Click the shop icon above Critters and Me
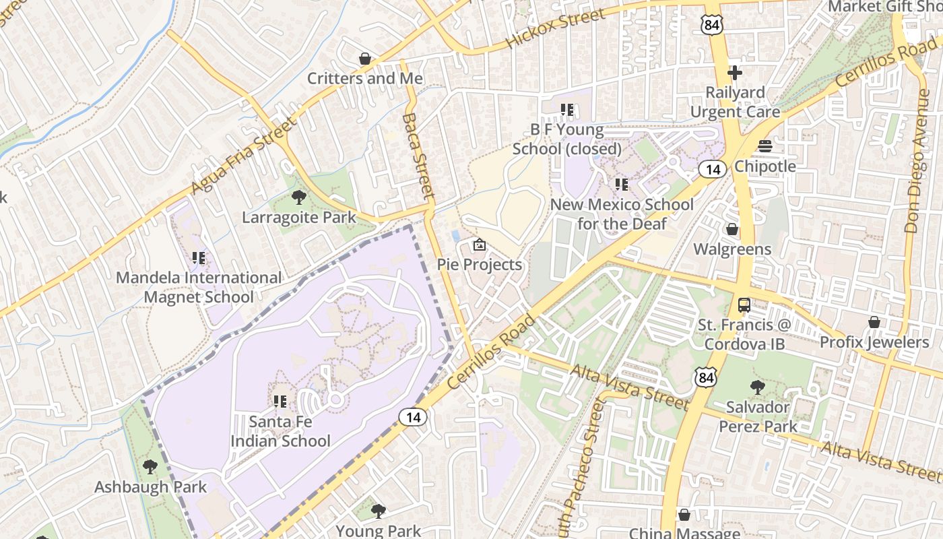click(x=365, y=59)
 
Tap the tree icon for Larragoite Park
click(x=298, y=197)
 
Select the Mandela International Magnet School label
click(x=199, y=287)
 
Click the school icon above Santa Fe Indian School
click(x=280, y=402)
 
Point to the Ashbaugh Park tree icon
click(x=150, y=466)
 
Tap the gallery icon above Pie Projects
click(x=480, y=245)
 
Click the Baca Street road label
click(x=418, y=156)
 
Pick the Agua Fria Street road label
click(x=244, y=156)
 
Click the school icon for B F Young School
click(x=566, y=109)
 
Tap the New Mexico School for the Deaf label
click(x=622, y=214)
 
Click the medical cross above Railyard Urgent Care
click(x=735, y=73)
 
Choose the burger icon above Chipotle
click(x=765, y=146)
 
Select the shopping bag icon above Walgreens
click(x=732, y=230)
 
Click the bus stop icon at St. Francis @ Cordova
click(x=744, y=305)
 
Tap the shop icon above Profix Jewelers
click(x=874, y=322)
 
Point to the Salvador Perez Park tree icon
click(x=757, y=387)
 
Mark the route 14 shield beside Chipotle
click(x=712, y=169)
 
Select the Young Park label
click(x=378, y=531)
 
